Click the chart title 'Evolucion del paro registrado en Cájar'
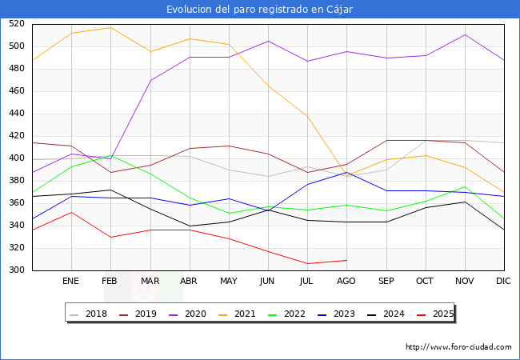(260, 10)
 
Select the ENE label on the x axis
(71, 282)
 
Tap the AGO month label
(346, 282)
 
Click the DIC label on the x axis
(503, 282)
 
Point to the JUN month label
(268, 282)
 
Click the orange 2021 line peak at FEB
(110, 27)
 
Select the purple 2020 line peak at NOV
(464, 34)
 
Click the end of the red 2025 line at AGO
(346, 260)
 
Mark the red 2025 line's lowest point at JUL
(307, 263)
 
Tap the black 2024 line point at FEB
(110, 190)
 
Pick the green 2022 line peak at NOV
(464, 186)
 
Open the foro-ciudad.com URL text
(458, 347)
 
